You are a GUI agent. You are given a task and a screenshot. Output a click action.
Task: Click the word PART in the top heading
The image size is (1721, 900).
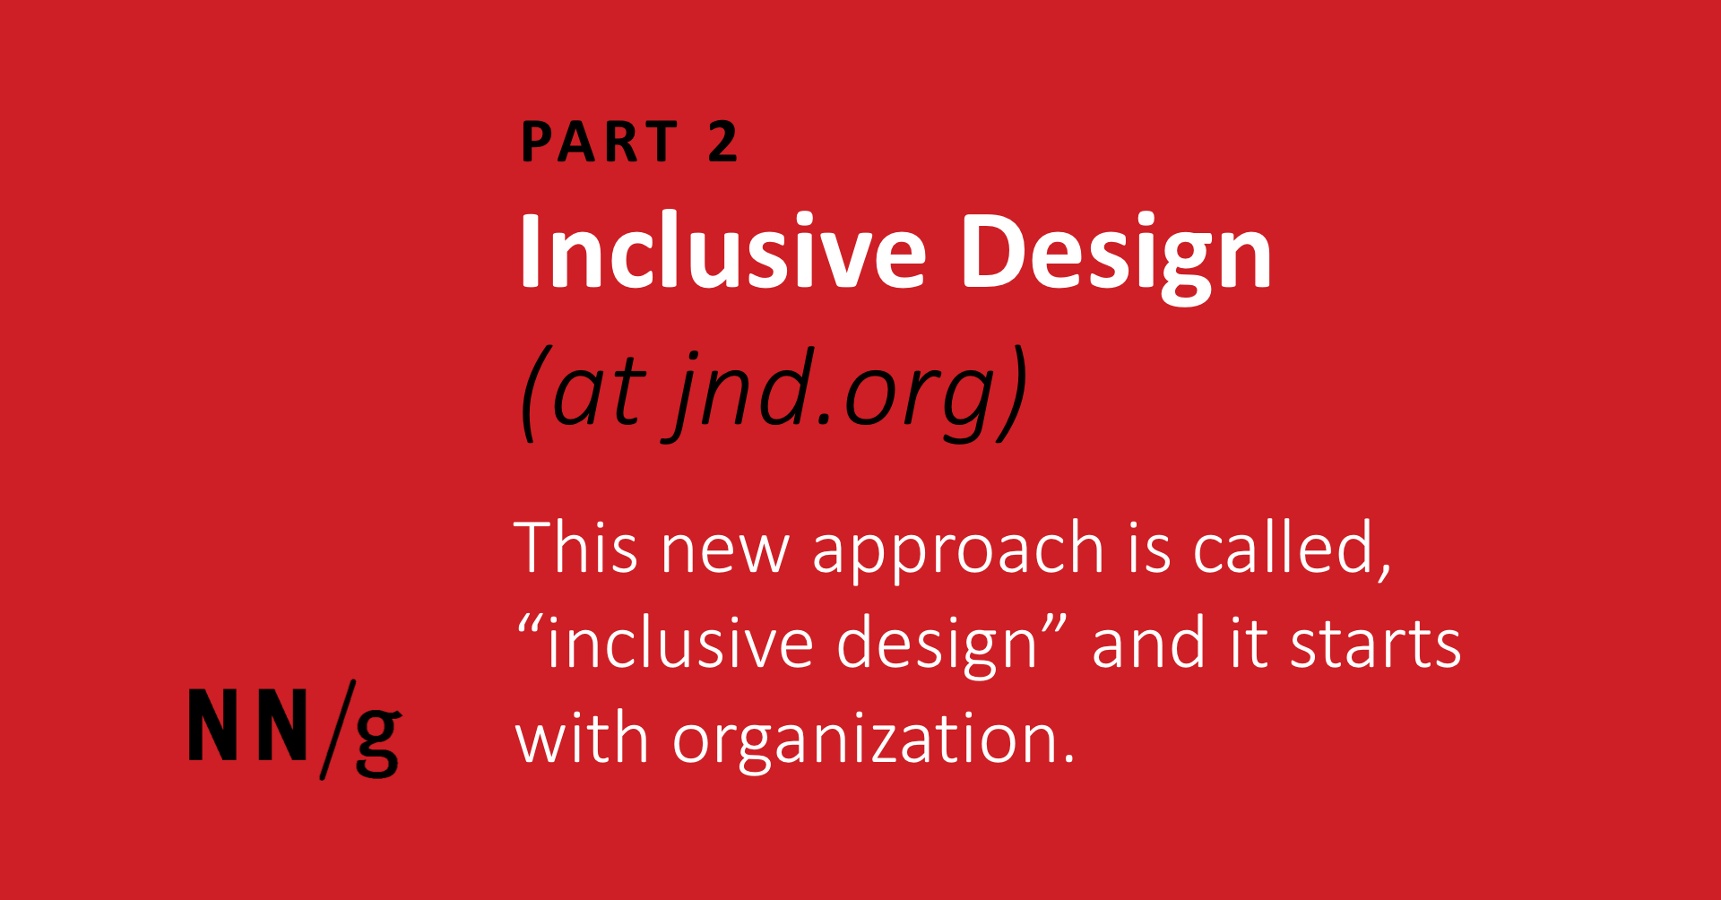coord(599,142)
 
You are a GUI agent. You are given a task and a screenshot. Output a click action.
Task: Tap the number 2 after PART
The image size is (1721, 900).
coord(722,142)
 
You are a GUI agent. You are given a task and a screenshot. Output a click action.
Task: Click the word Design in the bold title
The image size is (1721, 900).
coord(1116,255)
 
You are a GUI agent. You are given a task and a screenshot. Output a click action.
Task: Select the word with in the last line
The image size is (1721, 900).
coord(581,740)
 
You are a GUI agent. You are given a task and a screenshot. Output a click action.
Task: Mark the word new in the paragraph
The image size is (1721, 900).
coord(725,551)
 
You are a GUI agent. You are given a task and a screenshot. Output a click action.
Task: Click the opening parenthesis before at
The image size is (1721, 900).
coord(530,394)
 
